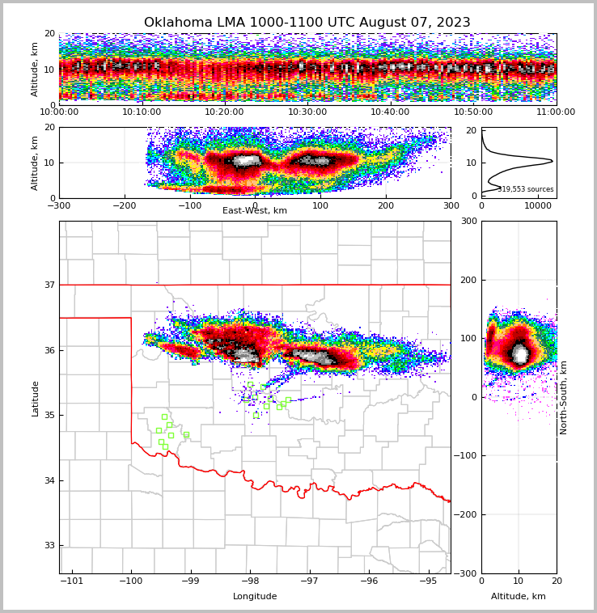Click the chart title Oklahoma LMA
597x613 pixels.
[x=307, y=23]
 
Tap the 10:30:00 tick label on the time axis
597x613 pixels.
[x=307, y=112]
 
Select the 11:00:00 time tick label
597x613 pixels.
[x=556, y=112]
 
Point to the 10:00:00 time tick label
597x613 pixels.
[x=59, y=112]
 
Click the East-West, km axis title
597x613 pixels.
[x=255, y=211]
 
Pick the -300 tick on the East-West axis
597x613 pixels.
[x=59, y=205]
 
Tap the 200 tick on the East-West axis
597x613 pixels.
[x=385, y=205]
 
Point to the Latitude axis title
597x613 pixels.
[x=35, y=398]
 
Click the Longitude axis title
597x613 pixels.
[x=255, y=597]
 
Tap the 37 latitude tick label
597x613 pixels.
[x=49, y=285]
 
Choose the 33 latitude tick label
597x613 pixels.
[x=49, y=546]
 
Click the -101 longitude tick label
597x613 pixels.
[x=72, y=581]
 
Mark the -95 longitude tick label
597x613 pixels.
[x=428, y=581]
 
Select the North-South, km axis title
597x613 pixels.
[x=564, y=398]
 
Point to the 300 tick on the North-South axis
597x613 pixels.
[x=468, y=222]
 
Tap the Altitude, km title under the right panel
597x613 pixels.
[x=519, y=597]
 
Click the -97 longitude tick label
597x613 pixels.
[x=309, y=581]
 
